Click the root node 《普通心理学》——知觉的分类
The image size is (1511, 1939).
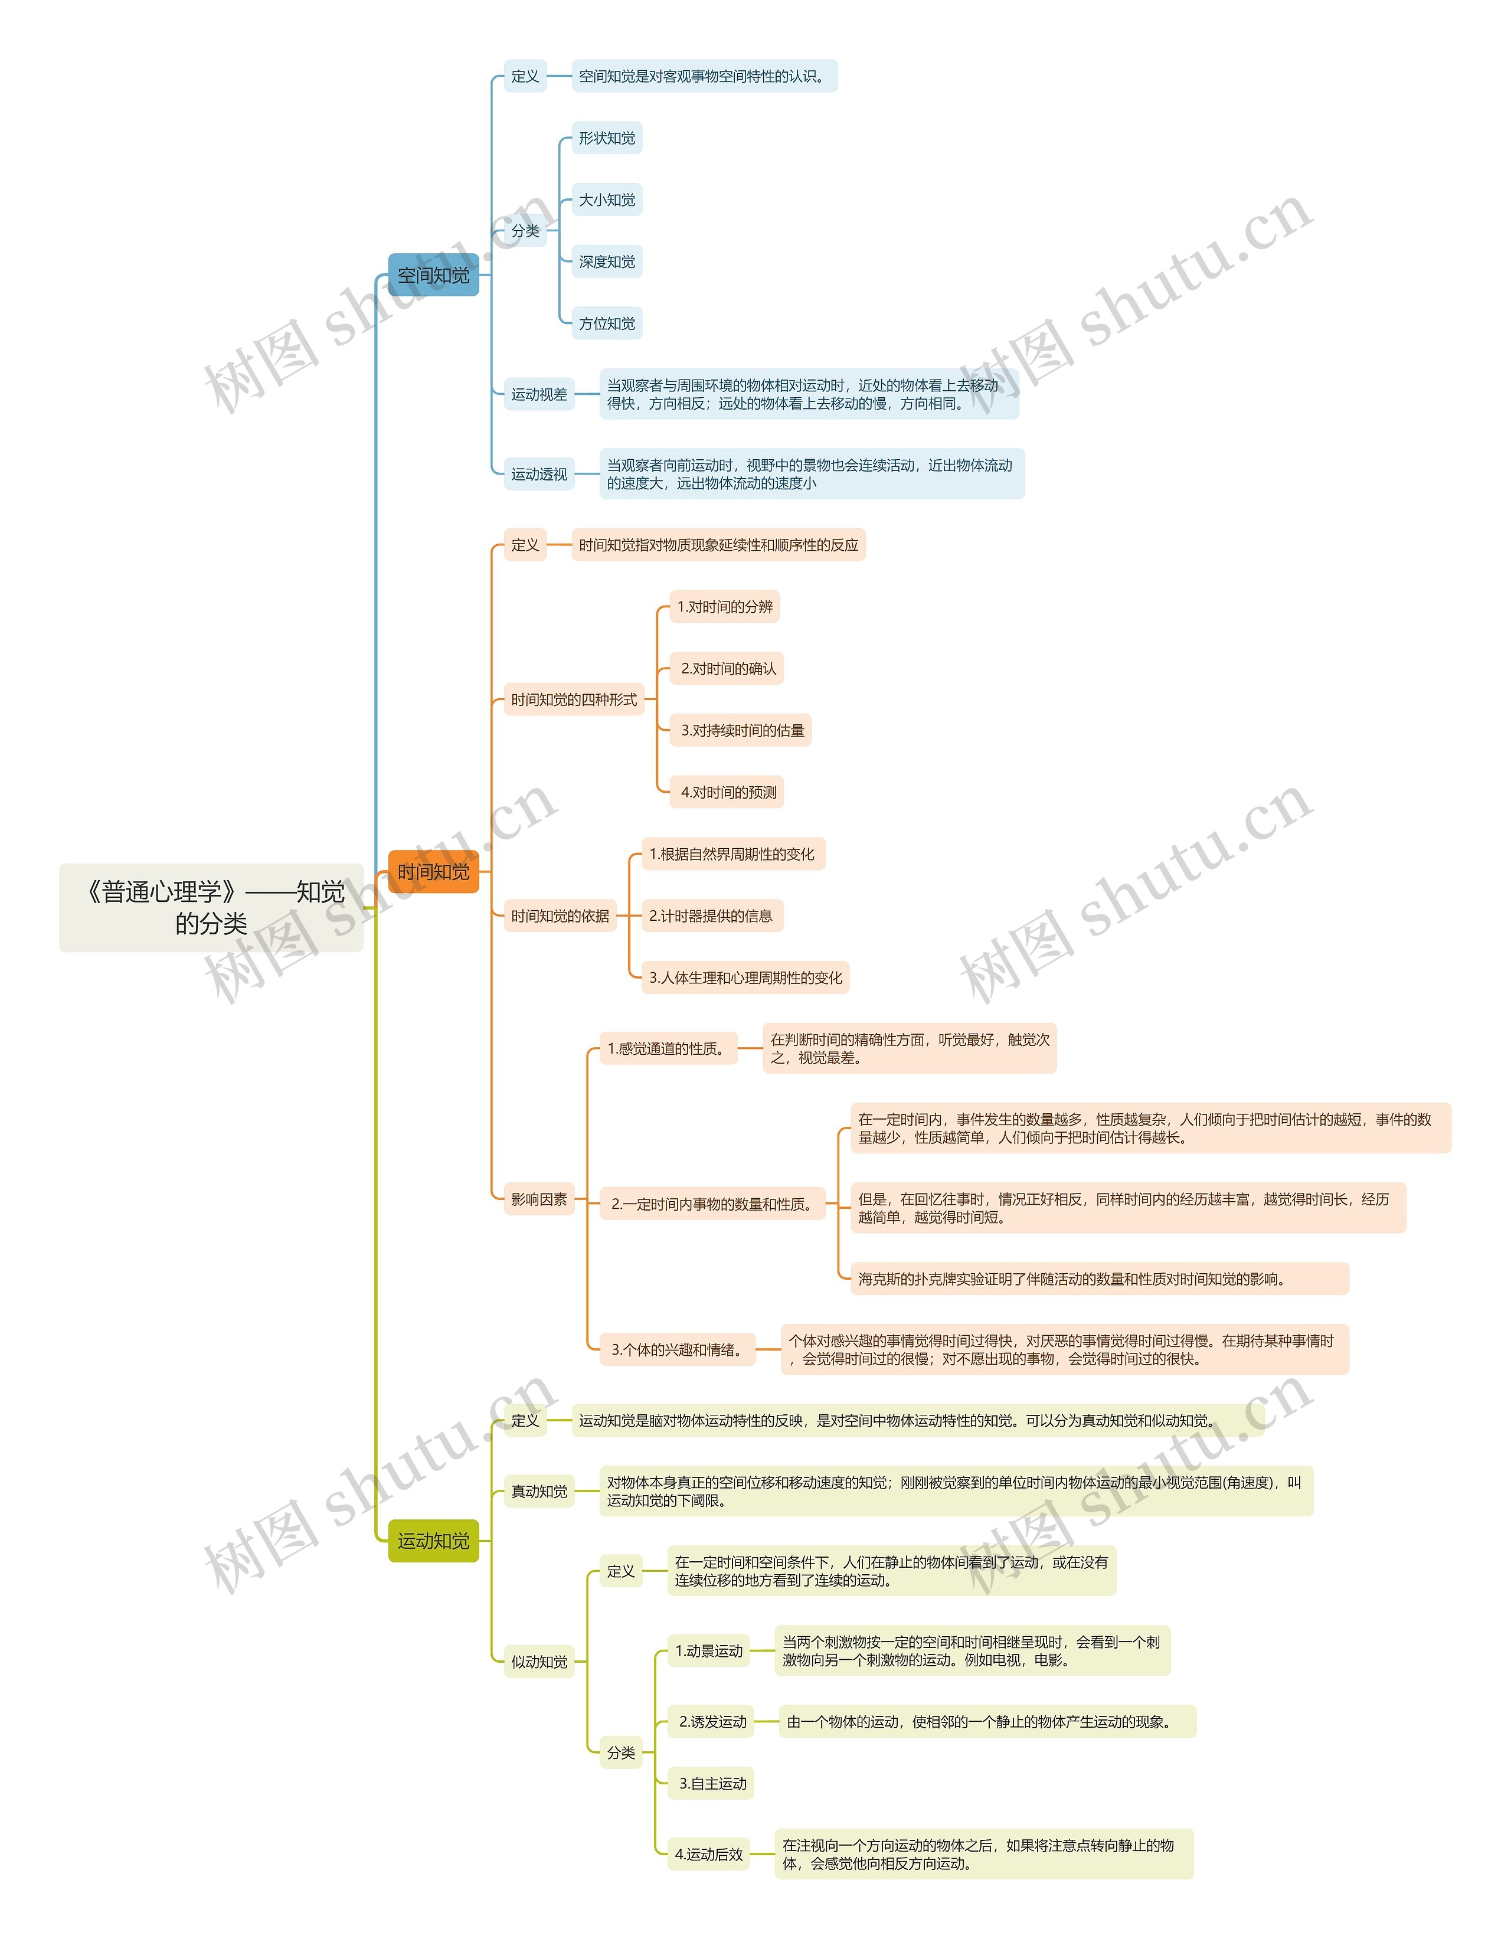[211, 907]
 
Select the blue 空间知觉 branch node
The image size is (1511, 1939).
[433, 275]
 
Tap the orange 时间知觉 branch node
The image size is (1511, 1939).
[433, 872]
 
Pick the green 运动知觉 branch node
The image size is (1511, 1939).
[433, 1541]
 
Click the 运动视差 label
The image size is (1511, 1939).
[539, 394]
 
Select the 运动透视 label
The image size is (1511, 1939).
[539, 474]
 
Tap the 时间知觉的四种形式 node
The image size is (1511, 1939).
[574, 699]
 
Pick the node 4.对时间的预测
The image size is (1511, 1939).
[728, 792]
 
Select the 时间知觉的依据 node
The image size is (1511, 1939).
[560, 916]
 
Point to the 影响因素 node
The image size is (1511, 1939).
[539, 1199]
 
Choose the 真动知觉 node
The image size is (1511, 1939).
[539, 1492]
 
